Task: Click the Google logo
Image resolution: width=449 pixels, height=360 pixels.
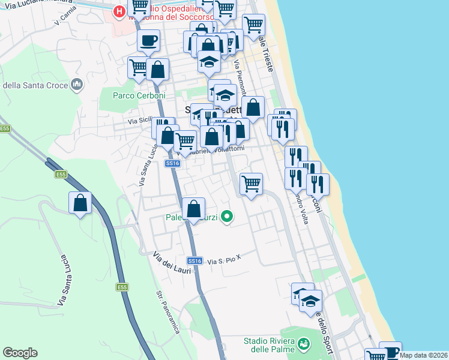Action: coord(20,353)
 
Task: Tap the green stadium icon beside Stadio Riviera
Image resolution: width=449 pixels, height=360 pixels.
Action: coord(304,344)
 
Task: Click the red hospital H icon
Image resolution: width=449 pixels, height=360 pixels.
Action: coord(120,11)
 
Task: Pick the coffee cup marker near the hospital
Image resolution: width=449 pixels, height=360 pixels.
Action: coord(148,41)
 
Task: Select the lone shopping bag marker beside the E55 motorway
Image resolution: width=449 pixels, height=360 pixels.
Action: coord(80,203)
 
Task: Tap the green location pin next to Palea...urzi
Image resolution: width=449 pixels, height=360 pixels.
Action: coord(226,216)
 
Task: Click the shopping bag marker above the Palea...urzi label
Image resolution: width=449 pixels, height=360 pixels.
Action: coord(193,210)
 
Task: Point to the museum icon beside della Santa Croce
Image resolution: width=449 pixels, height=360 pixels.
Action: coord(77,85)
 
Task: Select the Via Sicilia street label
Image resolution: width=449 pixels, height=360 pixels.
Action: coord(139,121)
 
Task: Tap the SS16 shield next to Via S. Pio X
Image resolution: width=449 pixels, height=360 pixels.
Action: coord(193,260)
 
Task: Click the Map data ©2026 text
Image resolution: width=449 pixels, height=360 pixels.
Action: coord(424,355)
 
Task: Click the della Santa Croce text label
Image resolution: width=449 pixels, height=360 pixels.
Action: coord(35,85)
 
